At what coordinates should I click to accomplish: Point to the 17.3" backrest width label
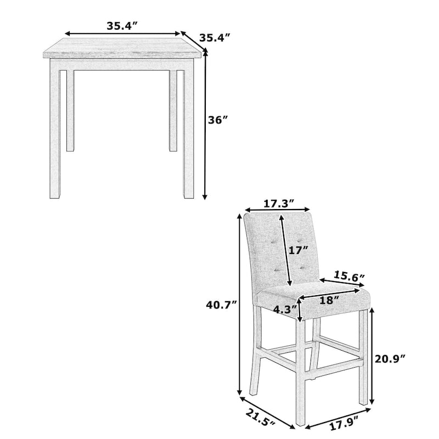278,204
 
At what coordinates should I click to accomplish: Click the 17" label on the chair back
299,251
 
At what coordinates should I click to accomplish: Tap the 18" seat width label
330,300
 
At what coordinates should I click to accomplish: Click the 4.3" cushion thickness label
284,309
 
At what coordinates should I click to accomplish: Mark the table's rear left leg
70,110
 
